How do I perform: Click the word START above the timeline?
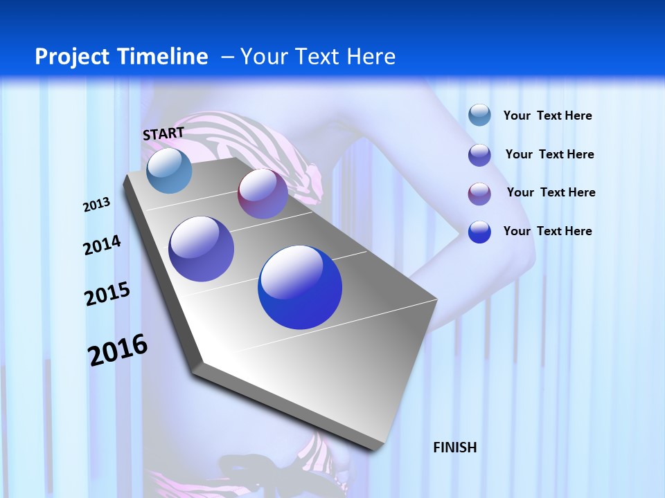point(163,133)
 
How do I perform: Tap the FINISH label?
point(454,448)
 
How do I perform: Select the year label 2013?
point(96,205)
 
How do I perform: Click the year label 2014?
point(102,245)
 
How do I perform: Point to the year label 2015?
point(107,294)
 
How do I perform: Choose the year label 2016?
point(118,349)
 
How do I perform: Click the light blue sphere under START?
point(169,170)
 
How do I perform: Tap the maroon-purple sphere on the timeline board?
point(263,194)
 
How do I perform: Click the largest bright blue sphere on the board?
point(300,287)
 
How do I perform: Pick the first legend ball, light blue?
point(479,115)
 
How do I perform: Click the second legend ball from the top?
point(479,155)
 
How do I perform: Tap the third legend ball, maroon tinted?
point(479,194)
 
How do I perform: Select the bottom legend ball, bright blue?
point(479,232)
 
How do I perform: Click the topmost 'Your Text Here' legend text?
point(547,116)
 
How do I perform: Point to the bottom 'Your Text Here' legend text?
point(547,231)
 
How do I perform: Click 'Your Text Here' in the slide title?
point(317,57)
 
